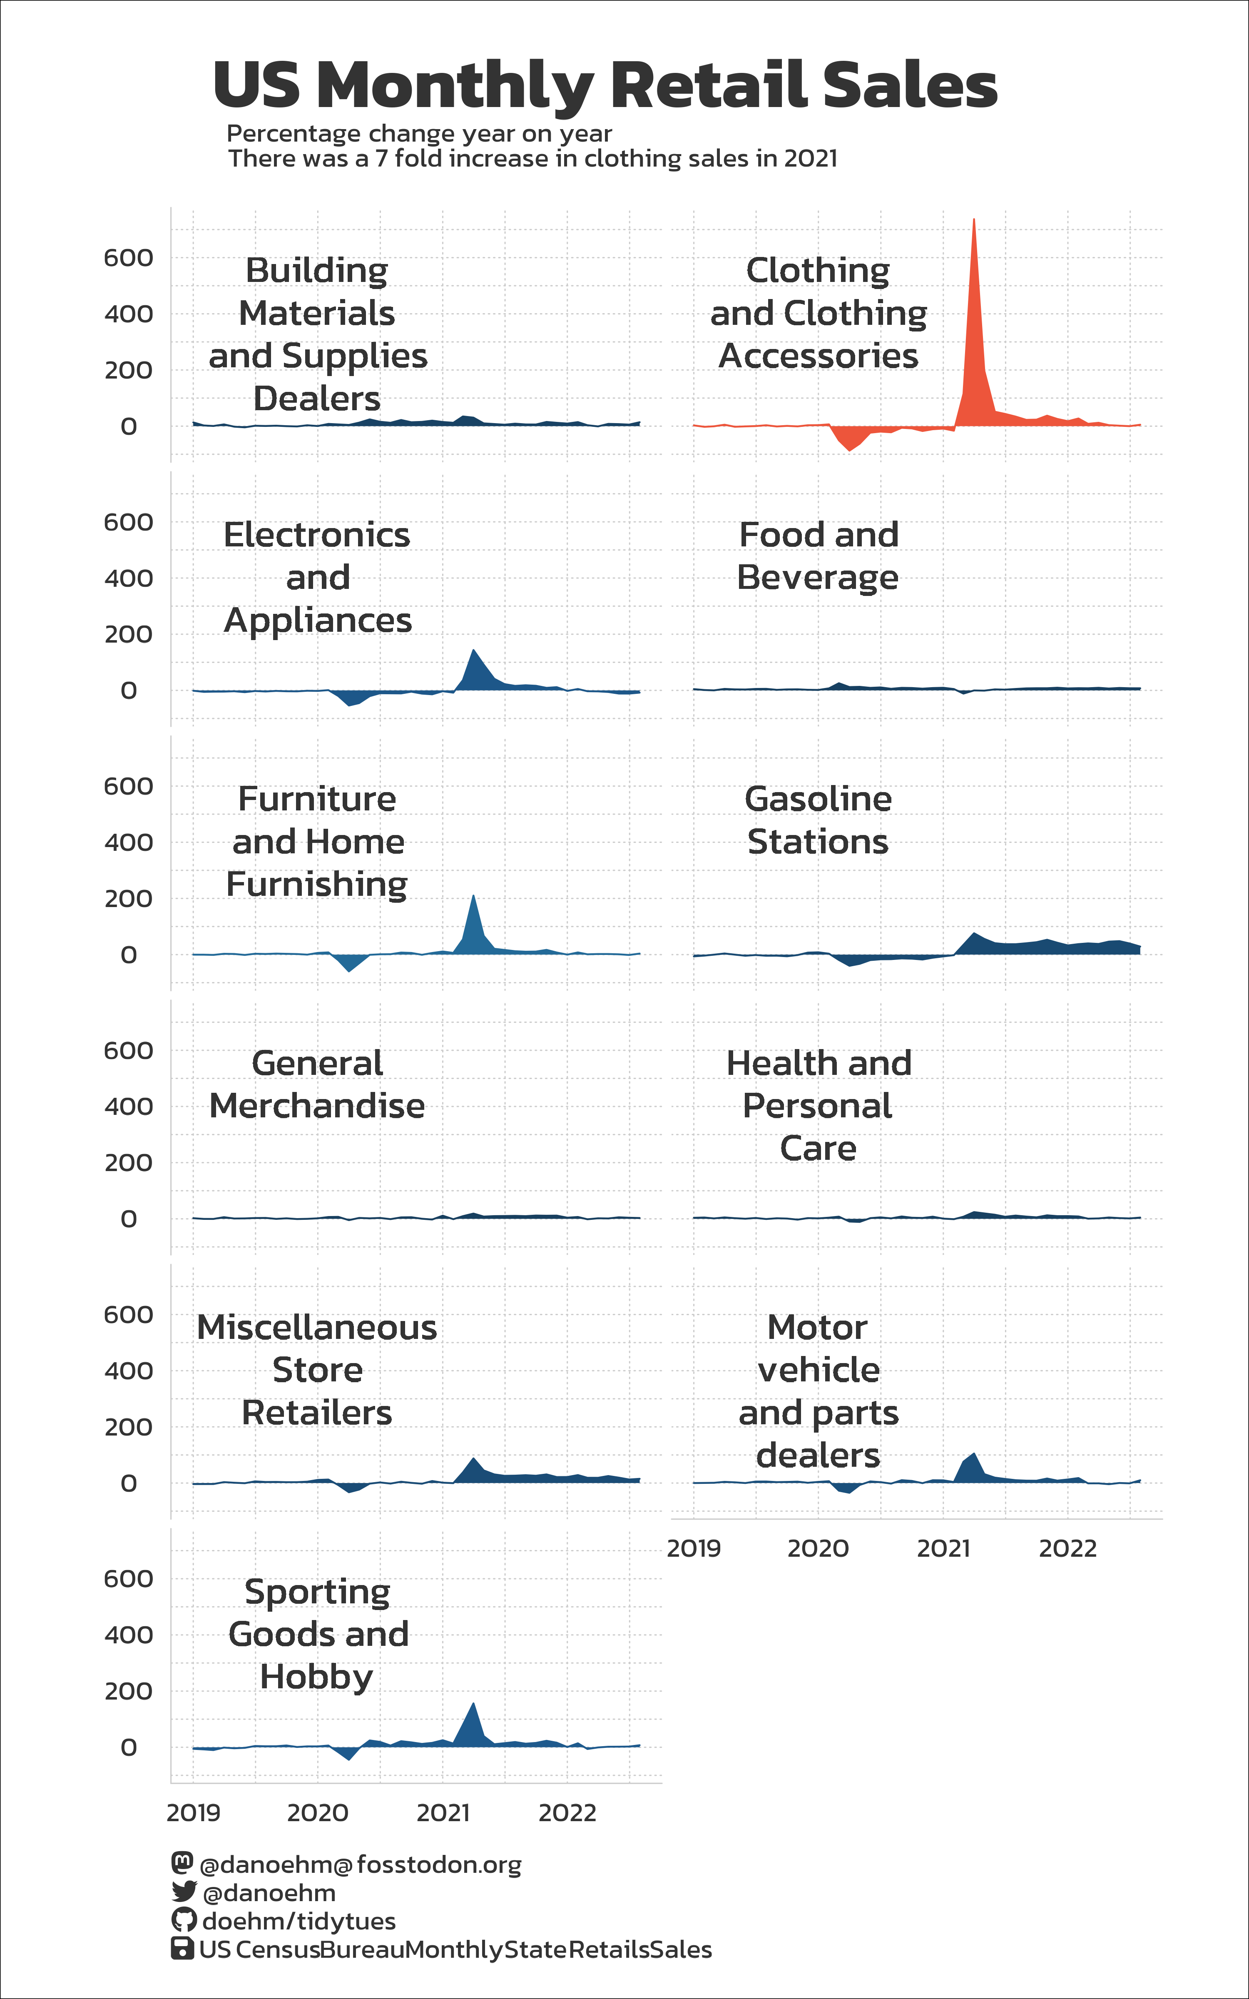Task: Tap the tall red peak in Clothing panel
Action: pyautogui.click(x=974, y=248)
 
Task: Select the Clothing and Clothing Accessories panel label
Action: pyautogui.click(x=818, y=313)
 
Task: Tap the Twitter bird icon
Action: pyautogui.click(x=183, y=1892)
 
